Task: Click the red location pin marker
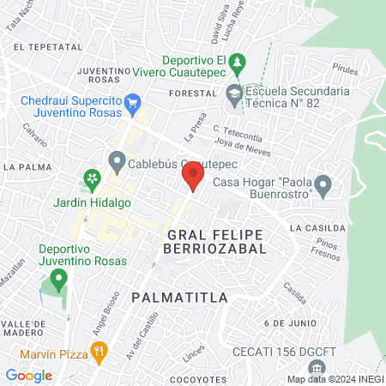coord(193,176)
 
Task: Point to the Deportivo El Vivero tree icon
coord(240,63)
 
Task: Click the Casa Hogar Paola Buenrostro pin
coord(323,184)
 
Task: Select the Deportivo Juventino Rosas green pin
coord(58,278)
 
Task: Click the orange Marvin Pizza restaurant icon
coord(100,350)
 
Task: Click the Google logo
coord(28,376)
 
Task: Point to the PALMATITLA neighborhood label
coord(180,298)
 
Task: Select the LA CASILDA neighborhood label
coord(317,228)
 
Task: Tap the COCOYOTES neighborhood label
coord(197,378)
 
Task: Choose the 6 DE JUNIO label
coord(285,322)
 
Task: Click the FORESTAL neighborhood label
coord(191,93)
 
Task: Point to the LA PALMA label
coord(22,166)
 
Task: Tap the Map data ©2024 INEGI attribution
coord(335,379)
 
